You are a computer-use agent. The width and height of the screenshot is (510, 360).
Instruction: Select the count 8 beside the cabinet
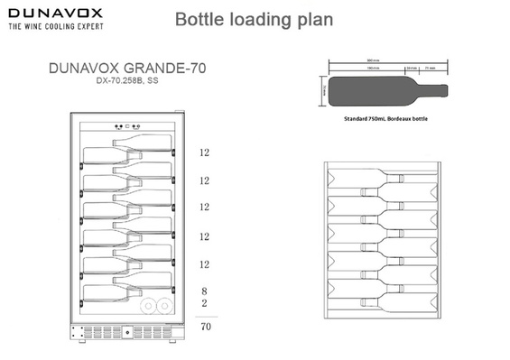pos(205,291)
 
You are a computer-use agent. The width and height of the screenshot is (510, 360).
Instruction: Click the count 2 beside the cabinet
pos(205,304)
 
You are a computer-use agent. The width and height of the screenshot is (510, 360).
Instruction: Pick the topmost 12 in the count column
pos(205,152)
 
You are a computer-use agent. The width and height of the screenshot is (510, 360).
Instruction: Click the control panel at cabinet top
pos(130,126)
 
